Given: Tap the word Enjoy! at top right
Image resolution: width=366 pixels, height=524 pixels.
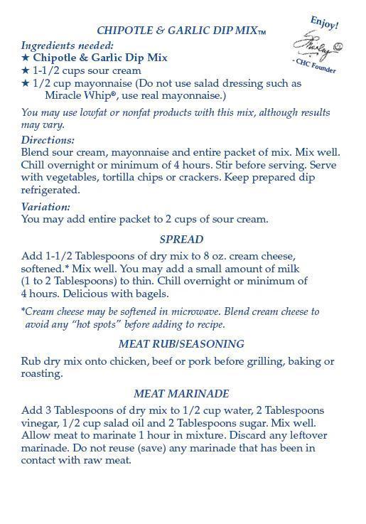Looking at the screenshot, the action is coord(325,22).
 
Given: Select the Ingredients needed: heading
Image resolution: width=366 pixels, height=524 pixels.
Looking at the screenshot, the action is coord(68,45).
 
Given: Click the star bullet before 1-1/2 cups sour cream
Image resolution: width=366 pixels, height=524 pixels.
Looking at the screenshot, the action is coord(26,70).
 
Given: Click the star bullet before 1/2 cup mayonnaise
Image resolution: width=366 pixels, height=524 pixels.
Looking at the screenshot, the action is coord(26,83).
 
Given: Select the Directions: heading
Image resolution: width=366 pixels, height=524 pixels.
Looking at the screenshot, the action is coord(48,140).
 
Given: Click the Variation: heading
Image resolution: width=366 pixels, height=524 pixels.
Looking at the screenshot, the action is coord(45,207).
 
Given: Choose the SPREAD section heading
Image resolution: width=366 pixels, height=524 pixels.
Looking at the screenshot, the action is coord(181,240).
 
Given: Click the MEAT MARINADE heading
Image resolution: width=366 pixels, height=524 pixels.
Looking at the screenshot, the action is coord(181,394).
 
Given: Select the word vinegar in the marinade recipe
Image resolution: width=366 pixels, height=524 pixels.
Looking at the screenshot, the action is coord(41,423).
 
